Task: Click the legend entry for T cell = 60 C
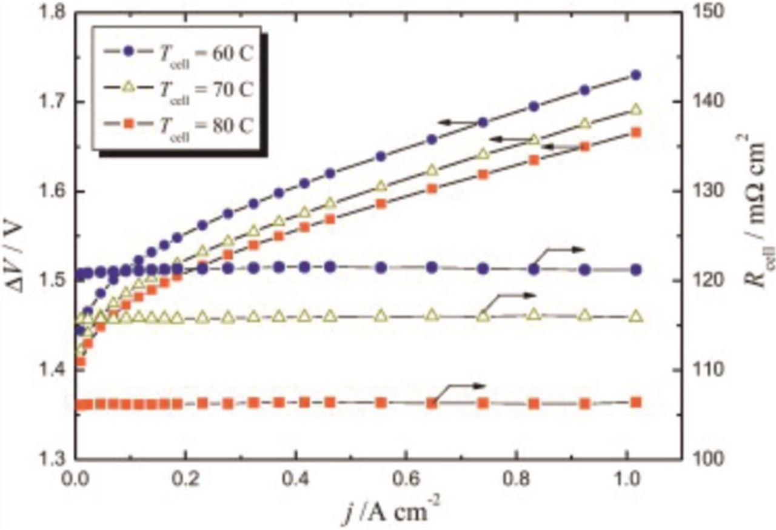pos(176,52)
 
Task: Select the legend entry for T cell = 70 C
pos(176,88)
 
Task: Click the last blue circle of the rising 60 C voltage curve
pos(636,75)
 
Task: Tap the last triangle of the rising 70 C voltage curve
pos(636,110)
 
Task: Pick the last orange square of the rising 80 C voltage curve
pos(636,133)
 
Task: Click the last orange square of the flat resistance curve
pos(636,402)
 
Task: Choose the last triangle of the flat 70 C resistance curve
pos(636,317)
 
